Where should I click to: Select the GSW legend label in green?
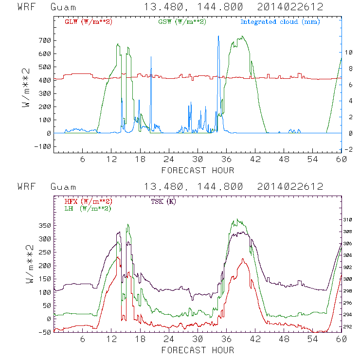click(x=182, y=22)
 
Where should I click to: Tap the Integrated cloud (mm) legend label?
click(x=280, y=22)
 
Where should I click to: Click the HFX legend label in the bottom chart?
click(x=89, y=201)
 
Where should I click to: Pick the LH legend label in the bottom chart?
click(x=88, y=208)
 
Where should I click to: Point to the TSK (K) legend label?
click(x=165, y=201)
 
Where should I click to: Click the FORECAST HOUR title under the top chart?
click(x=198, y=170)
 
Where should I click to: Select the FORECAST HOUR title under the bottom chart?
click(x=198, y=350)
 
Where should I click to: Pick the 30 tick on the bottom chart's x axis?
click(x=198, y=339)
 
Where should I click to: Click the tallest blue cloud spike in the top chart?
click(x=218, y=36)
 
